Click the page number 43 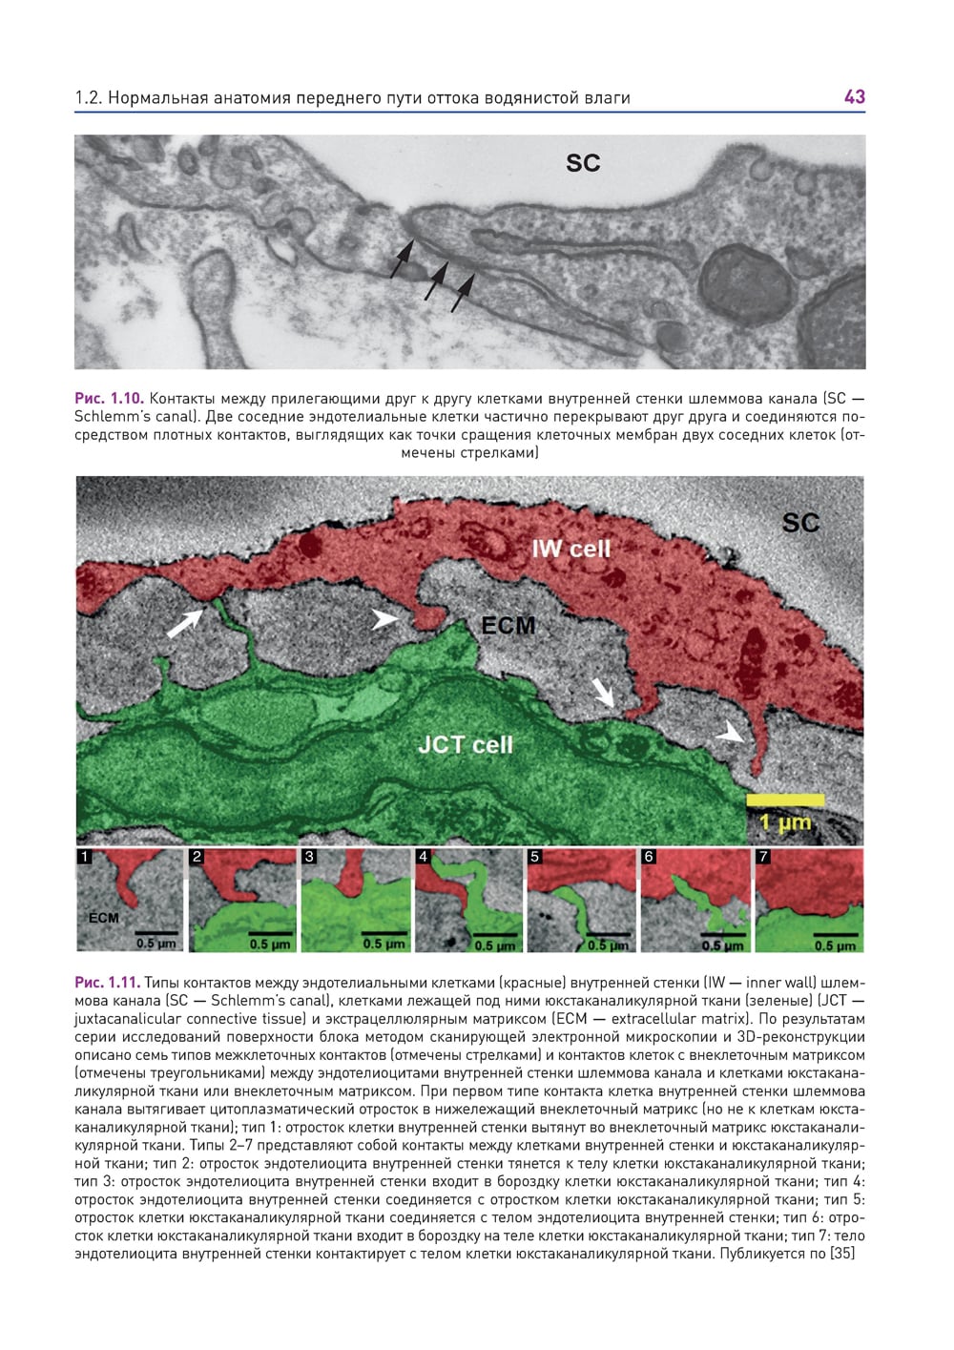pos(854,96)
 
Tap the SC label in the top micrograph pos(583,163)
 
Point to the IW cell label pos(570,549)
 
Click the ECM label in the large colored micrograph pos(508,626)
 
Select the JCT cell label pos(465,744)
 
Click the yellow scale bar pos(785,799)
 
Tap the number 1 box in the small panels pos(86,857)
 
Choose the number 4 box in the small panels pos(423,857)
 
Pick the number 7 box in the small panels pos(762,857)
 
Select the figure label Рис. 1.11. pos(108,983)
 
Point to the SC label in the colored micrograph pos(800,523)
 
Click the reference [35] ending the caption pos(842,1254)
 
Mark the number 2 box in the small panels pos(197,857)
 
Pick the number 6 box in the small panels pos(649,857)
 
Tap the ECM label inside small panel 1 pos(103,918)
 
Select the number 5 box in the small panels pos(535,857)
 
